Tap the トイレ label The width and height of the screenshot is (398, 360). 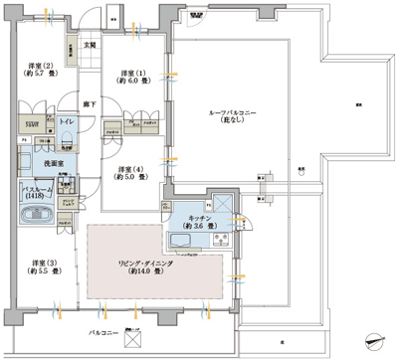click(x=68, y=121)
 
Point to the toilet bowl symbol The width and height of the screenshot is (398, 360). click(x=67, y=136)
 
